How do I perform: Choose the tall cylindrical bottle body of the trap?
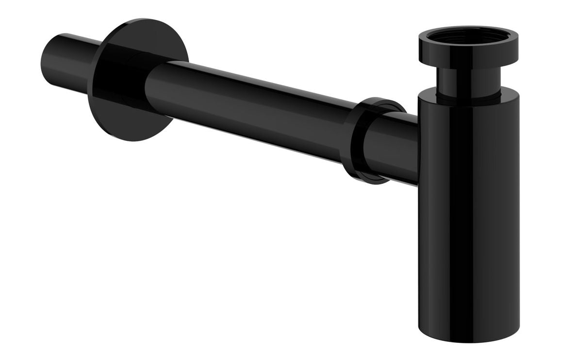(x=468, y=204)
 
